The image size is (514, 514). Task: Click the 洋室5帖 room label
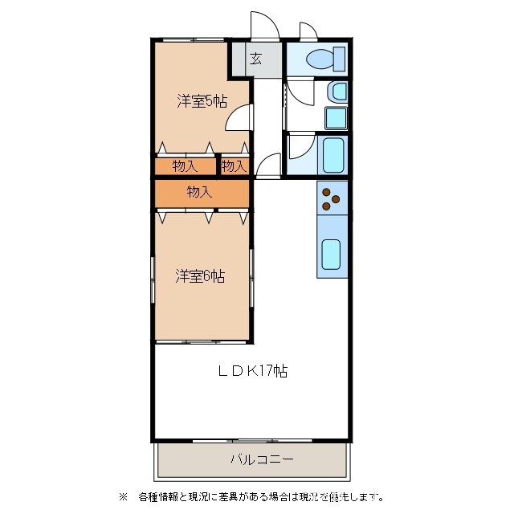tap(202, 101)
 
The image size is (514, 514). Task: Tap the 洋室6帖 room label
tap(200, 276)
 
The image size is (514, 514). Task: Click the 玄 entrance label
tap(255, 58)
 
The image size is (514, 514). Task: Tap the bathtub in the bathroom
tap(332, 155)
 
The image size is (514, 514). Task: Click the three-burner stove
tap(332, 198)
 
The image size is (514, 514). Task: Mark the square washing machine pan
tap(336, 117)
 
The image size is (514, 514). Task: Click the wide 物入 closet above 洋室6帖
tap(200, 192)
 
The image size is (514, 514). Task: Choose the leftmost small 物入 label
tap(185, 166)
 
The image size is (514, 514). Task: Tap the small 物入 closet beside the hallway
tap(234, 166)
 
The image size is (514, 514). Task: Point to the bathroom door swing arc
tap(299, 146)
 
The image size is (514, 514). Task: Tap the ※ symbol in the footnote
tap(123, 496)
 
